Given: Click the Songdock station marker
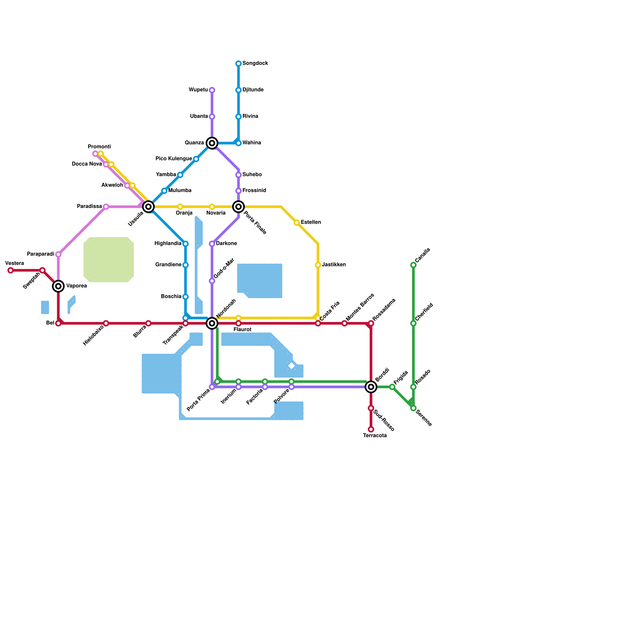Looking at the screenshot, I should coord(238,64).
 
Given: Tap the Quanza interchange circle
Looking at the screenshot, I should coord(212,143).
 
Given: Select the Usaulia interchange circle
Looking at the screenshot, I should coord(148,207).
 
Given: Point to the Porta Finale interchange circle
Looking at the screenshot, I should coord(238,207).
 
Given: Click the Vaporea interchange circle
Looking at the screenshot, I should coord(58,286).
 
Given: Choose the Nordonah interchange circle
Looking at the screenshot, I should coord(212,324).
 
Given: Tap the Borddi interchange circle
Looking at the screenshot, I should coord(371,387).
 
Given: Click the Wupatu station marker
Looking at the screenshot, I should coord(212,90).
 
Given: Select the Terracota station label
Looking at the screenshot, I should coord(375,436).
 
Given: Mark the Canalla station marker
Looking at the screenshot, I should coord(413,265).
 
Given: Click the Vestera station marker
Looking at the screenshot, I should coord(11,270).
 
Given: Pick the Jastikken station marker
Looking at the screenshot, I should coord(318,265).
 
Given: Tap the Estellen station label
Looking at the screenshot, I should coord(311,222).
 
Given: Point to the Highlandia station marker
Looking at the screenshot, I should coord(186,244).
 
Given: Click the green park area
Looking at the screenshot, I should coord(109,260).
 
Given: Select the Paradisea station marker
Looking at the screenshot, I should coord(106,207).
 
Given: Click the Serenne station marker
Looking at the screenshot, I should coord(413,408).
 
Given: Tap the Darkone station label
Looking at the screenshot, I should coord(227,243).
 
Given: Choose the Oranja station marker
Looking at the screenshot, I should coord(180,207).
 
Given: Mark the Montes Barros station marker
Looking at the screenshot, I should coord(345,324).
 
